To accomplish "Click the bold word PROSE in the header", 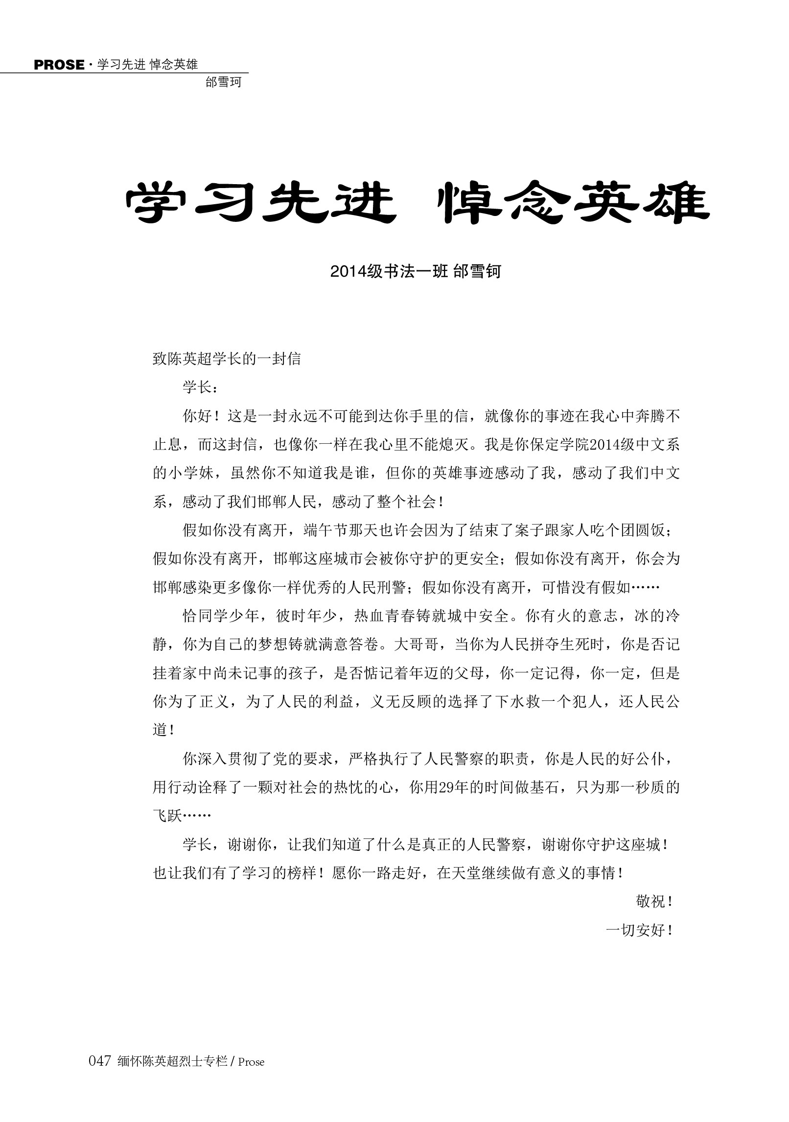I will (59, 65).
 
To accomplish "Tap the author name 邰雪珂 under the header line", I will (224, 82).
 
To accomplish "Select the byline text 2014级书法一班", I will (389, 271).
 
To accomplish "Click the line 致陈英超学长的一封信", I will (227, 359).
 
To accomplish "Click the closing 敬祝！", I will (656, 902).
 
